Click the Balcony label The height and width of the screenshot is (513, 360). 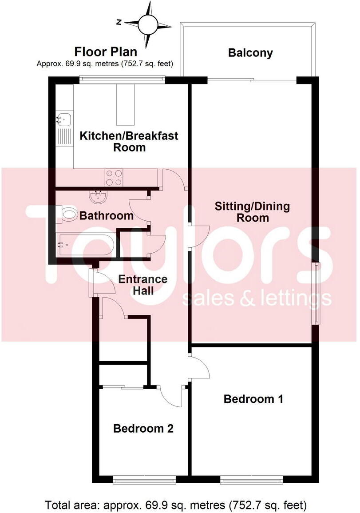(x=250, y=53)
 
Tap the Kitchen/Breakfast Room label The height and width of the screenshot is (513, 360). (x=129, y=141)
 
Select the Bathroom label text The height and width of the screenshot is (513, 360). (x=106, y=216)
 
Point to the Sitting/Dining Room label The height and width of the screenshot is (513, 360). (x=252, y=212)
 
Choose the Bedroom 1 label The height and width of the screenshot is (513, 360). (x=253, y=399)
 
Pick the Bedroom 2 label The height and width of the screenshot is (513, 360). (x=143, y=429)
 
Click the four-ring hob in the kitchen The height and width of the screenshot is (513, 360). (x=114, y=178)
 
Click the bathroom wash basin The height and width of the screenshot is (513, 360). (x=97, y=195)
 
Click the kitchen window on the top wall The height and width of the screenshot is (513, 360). (x=122, y=80)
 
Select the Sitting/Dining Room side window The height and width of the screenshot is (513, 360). (x=316, y=294)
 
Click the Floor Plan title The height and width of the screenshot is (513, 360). (x=106, y=52)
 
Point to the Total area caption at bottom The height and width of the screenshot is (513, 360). (x=176, y=505)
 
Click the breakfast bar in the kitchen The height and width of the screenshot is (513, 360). (x=125, y=104)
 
